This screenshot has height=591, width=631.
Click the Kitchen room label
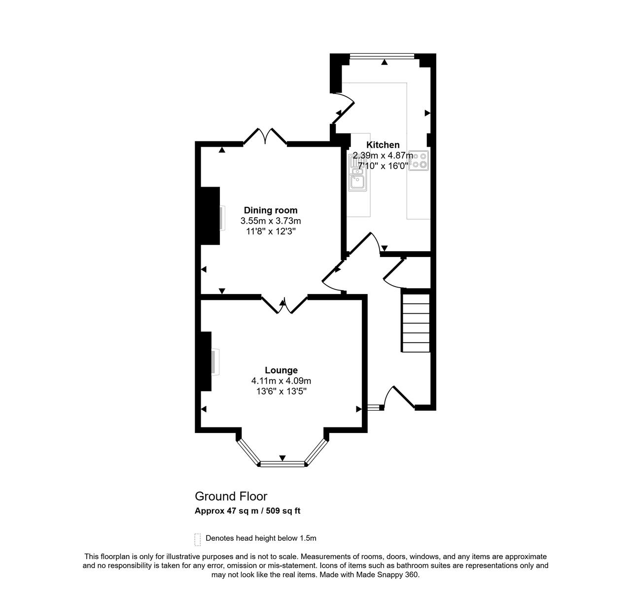pyautogui.click(x=383, y=145)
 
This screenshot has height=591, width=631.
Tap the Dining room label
pyautogui.click(x=270, y=210)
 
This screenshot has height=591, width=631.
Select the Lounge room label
pyautogui.click(x=281, y=370)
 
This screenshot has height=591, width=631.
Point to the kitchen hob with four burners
pyautogui.click(x=419, y=161)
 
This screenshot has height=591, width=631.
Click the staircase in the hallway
pyautogui.click(x=416, y=323)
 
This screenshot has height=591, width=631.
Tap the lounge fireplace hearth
pyautogui.click(x=215, y=362)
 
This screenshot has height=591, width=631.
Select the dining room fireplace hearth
pyautogui.click(x=222, y=218)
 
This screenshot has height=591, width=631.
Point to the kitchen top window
pyautogui.click(x=382, y=56)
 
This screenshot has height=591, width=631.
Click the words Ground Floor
pyautogui.click(x=231, y=496)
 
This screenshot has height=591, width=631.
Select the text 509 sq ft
pyautogui.click(x=283, y=511)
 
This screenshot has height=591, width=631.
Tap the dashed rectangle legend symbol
pyautogui.click(x=198, y=540)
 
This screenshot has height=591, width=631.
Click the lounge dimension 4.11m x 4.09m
pyautogui.click(x=281, y=381)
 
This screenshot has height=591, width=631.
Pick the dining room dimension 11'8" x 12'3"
pyautogui.click(x=271, y=231)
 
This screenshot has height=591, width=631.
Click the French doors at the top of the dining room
pyautogui.click(x=265, y=137)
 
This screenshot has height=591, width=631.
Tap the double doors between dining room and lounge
pyautogui.click(x=284, y=305)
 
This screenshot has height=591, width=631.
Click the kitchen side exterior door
pyautogui.click(x=343, y=108)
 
